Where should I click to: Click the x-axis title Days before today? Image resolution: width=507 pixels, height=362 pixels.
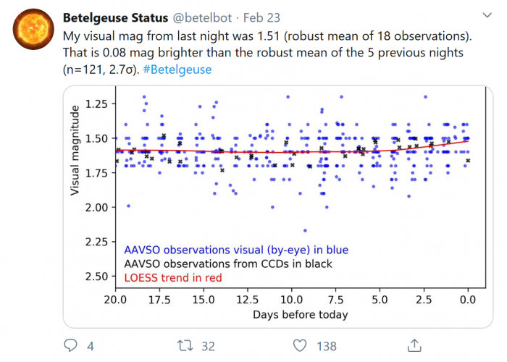[300, 315]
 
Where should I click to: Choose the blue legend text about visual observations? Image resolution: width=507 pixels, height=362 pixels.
[236, 251]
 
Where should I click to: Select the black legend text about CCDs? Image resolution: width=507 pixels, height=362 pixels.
[228, 264]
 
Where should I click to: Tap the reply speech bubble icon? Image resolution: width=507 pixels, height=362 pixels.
[71, 346]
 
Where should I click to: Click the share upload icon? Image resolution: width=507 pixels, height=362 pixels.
[414, 345]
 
